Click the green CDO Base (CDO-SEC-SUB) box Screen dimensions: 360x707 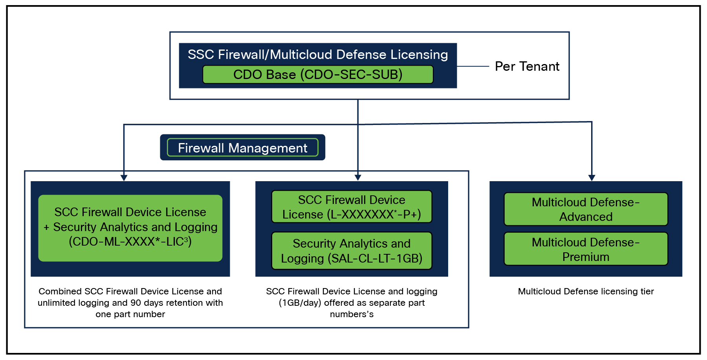[318, 74]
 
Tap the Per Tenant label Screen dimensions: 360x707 [527, 66]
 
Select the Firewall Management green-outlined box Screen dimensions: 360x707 [242, 148]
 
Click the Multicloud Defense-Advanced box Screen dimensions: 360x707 [586, 209]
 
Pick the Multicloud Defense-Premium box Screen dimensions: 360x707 [586, 249]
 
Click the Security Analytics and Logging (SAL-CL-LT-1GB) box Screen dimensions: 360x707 [352, 251]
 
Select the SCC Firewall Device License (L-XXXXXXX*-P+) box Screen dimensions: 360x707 [352, 207]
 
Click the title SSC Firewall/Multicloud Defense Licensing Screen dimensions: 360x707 [317, 55]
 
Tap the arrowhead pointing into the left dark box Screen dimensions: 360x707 [124, 178]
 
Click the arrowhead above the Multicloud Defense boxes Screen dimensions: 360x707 [592, 178]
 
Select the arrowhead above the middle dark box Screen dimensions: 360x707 [357, 178]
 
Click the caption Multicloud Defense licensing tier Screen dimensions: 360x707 [586, 291]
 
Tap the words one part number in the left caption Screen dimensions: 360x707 [130, 314]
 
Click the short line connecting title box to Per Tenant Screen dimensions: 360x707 [473, 66]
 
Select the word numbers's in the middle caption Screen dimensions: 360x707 [352, 314]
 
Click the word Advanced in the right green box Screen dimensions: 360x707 [586, 217]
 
